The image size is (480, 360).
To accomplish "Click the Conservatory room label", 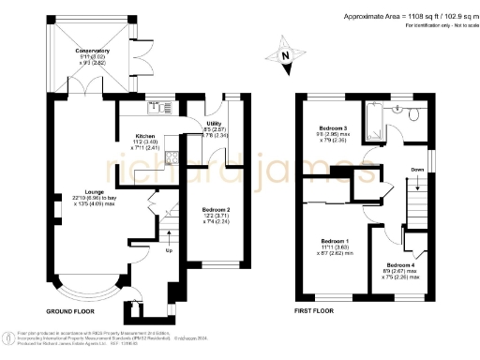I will pyautogui.click(x=92, y=51).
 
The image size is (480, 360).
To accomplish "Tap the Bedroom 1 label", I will pyautogui.click(x=335, y=242).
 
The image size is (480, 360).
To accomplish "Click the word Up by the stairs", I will pyautogui.click(x=168, y=251).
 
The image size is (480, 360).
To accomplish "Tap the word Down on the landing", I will pyautogui.click(x=417, y=170).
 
